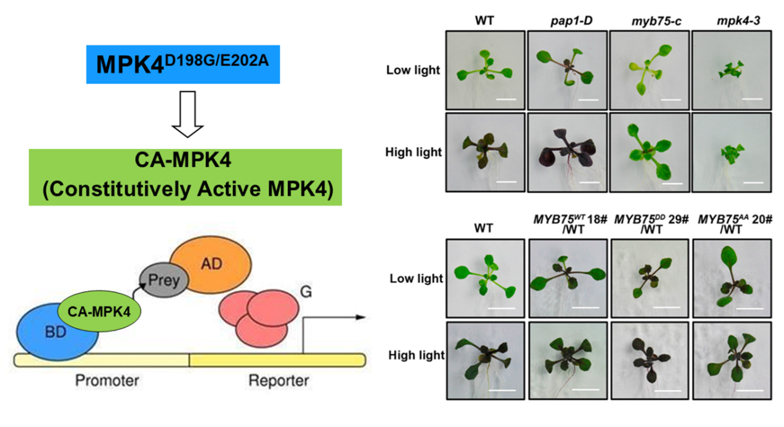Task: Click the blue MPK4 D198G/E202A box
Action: click(x=183, y=64)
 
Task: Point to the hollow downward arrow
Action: click(x=187, y=114)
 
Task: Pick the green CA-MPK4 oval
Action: click(x=99, y=312)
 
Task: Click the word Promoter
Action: click(x=107, y=380)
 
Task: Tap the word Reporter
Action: click(x=279, y=380)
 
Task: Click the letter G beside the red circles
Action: click(x=306, y=292)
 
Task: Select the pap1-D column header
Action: click(x=571, y=20)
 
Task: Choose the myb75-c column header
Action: click(x=656, y=21)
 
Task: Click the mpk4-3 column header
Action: click(x=738, y=20)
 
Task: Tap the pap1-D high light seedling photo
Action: click(x=567, y=153)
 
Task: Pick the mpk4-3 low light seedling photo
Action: click(x=731, y=70)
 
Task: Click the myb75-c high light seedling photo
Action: click(x=650, y=153)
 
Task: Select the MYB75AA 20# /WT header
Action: click(x=734, y=224)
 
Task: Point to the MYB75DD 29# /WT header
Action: click(x=651, y=224)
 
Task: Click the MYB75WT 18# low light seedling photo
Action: click(x=568, y=278)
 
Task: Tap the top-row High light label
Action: click(x=413, y=152)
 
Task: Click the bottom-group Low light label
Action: click(x=416, y=278)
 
